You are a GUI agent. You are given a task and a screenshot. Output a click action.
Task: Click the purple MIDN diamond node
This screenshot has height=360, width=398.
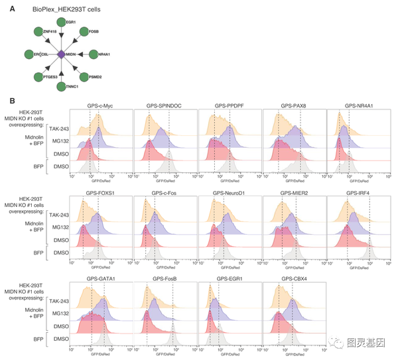61,54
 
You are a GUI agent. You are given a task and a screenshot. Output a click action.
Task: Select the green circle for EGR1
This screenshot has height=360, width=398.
61,22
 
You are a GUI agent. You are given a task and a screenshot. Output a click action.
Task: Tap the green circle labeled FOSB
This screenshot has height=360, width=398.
84,31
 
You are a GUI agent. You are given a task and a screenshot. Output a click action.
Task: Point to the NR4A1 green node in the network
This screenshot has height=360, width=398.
94,54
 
